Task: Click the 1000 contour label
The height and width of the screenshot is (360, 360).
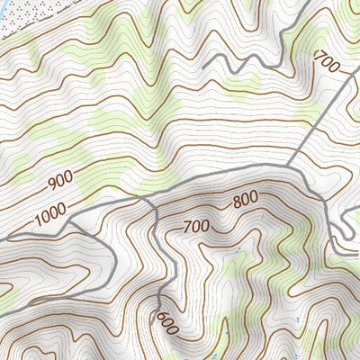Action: pos(52,214)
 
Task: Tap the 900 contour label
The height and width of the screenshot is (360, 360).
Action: pos(60,180)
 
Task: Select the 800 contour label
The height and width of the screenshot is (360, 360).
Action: pos(245,200)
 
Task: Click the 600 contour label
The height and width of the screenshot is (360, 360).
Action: pos(166,325)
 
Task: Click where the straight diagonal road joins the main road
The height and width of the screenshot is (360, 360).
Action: pos(290,166)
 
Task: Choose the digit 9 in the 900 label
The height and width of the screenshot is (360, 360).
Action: pos(51,184)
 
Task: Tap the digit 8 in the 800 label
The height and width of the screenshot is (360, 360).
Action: pos(235,204)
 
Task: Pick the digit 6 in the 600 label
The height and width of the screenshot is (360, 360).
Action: pos(160,318)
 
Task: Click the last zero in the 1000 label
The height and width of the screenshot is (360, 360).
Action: pos(65,209)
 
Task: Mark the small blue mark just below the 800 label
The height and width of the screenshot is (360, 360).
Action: pos(261,217)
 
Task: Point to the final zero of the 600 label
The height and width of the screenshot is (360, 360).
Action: pos(173,332)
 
